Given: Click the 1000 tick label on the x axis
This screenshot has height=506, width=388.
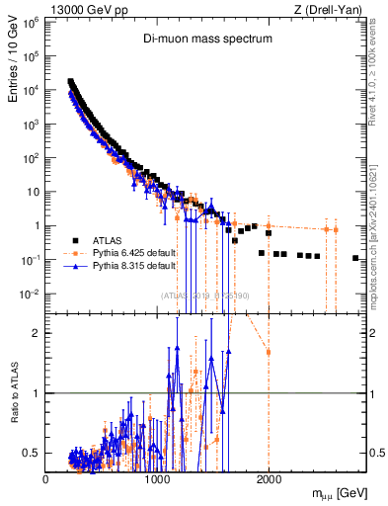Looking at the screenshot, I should coord(157,479).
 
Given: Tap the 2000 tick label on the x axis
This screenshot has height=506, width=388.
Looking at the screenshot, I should coord(269,479).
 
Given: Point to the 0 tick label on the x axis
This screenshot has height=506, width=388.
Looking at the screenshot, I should coord(45,479).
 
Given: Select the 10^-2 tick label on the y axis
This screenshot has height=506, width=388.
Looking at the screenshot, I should coord(32,294).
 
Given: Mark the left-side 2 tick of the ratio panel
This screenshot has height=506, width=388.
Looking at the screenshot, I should coord(36,333).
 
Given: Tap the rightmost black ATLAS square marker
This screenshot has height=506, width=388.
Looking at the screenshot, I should coord(355,258).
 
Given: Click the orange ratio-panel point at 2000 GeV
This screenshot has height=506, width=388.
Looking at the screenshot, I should coord(269,352).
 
